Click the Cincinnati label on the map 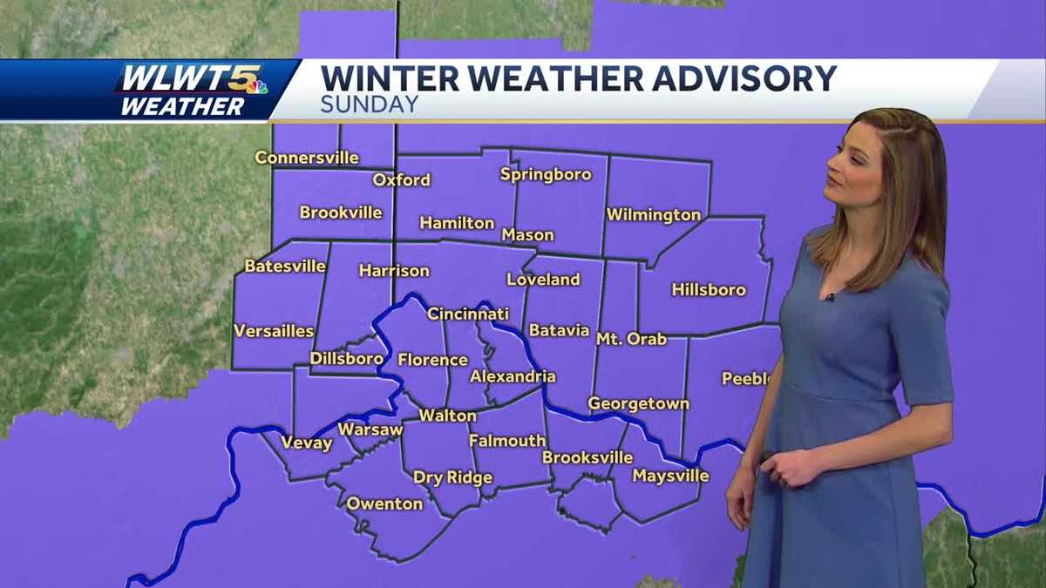(x=468, y=314)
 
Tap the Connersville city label (x=306, y=158)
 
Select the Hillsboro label (x=709, y=289)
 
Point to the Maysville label (x=670, y=476)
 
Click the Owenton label (x=384, y=504)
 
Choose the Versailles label (x=274, y=331)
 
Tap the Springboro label (x=546, y=174)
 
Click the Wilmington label (x=654, y=214)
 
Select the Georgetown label (x=638, y=403)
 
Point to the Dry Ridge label (x=452, y=477)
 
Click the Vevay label (x=306, y=443)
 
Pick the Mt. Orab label (x=631, y=338)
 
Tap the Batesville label (x=285, y=266)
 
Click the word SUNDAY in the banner (x=370, y=105)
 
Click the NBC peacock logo (x=256, y=86)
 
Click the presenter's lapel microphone (x=831, y=297)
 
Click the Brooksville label (x=587, y=457)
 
